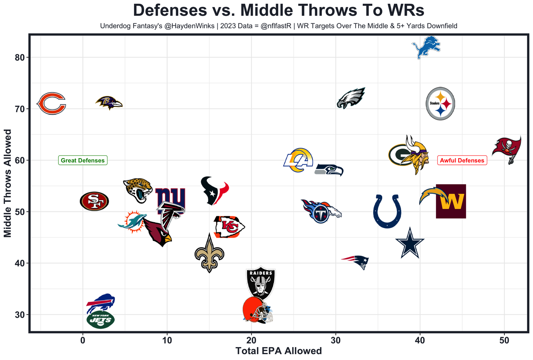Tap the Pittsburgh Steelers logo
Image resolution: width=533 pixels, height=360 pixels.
click(x=441, y=103)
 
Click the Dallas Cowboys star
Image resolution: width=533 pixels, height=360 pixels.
click(x=410, y=243)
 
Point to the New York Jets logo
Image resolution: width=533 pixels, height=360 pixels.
click(x=100, y=320)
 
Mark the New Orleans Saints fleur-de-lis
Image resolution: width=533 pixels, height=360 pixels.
click(x=209, y=253)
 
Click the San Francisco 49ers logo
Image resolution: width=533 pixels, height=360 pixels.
click(x=94, y=201)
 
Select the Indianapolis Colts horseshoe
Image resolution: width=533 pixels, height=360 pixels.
click(x=387, y=211)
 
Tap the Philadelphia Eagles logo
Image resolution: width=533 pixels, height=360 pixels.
click(x=351, y=99)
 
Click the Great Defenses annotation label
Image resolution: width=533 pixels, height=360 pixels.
click(x=83, y=160)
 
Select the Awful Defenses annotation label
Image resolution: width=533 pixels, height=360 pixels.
click(x=462, y=160)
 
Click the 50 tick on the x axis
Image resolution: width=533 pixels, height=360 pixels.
click(x=504, y=340)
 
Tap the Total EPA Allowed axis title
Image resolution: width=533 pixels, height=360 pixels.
click(x=279, y=351)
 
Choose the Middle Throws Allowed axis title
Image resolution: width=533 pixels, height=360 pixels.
click(x=8, y=183)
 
